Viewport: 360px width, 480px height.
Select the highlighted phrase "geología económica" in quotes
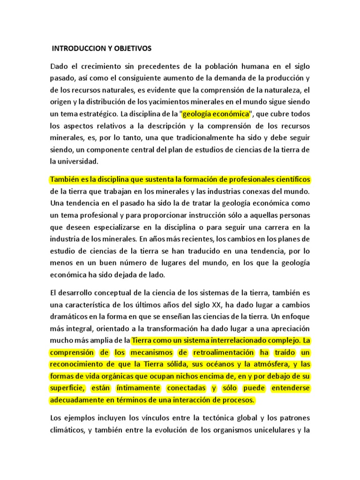coord(216,114)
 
